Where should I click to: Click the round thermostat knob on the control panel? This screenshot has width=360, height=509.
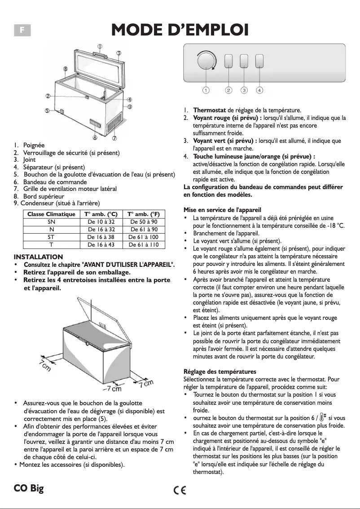[206, 61]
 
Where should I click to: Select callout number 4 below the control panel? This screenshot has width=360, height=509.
[259, 90]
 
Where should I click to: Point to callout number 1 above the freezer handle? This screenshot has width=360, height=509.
[100, 46]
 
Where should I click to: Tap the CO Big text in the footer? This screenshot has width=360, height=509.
[29, 488]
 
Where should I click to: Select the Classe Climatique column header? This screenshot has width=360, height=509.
[51, 214]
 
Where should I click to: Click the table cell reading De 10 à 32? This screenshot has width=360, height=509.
[101, 222]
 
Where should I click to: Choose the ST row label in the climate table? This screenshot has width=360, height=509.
[51, 237]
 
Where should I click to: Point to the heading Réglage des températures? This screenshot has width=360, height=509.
[220, 372]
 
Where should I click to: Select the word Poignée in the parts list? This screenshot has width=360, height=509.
[34, 145]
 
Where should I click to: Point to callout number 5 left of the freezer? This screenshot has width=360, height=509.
[47, 111]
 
